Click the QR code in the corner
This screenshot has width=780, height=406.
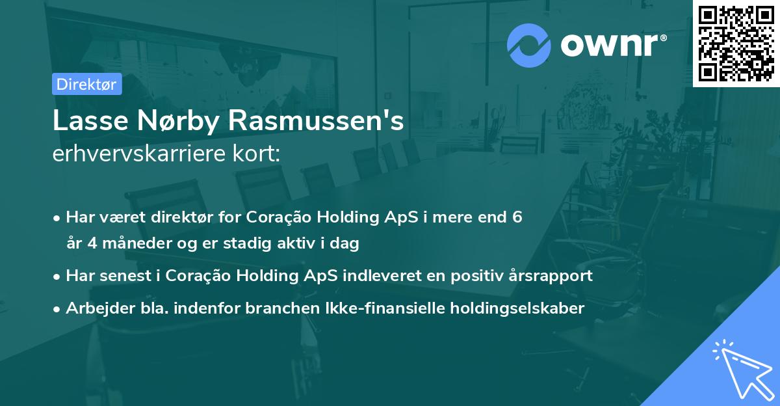tap(736, 44)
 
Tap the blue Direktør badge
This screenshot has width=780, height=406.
tap(86, 84)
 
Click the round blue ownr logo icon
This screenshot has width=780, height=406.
tap(529, 45)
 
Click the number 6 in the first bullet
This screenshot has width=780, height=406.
tap(517, 217)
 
